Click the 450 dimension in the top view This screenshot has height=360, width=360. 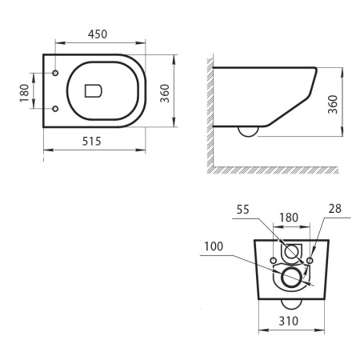point(96,34)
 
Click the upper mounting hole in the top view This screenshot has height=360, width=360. point(55,73)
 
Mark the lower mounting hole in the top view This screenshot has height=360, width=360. point(55,108)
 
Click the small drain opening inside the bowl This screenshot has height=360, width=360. point(92,90)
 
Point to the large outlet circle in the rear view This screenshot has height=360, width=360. point(293,277)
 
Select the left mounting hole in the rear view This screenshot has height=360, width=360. point(274,260)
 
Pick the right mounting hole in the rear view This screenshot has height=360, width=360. point(311,260)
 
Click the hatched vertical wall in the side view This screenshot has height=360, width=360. point(206,112)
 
